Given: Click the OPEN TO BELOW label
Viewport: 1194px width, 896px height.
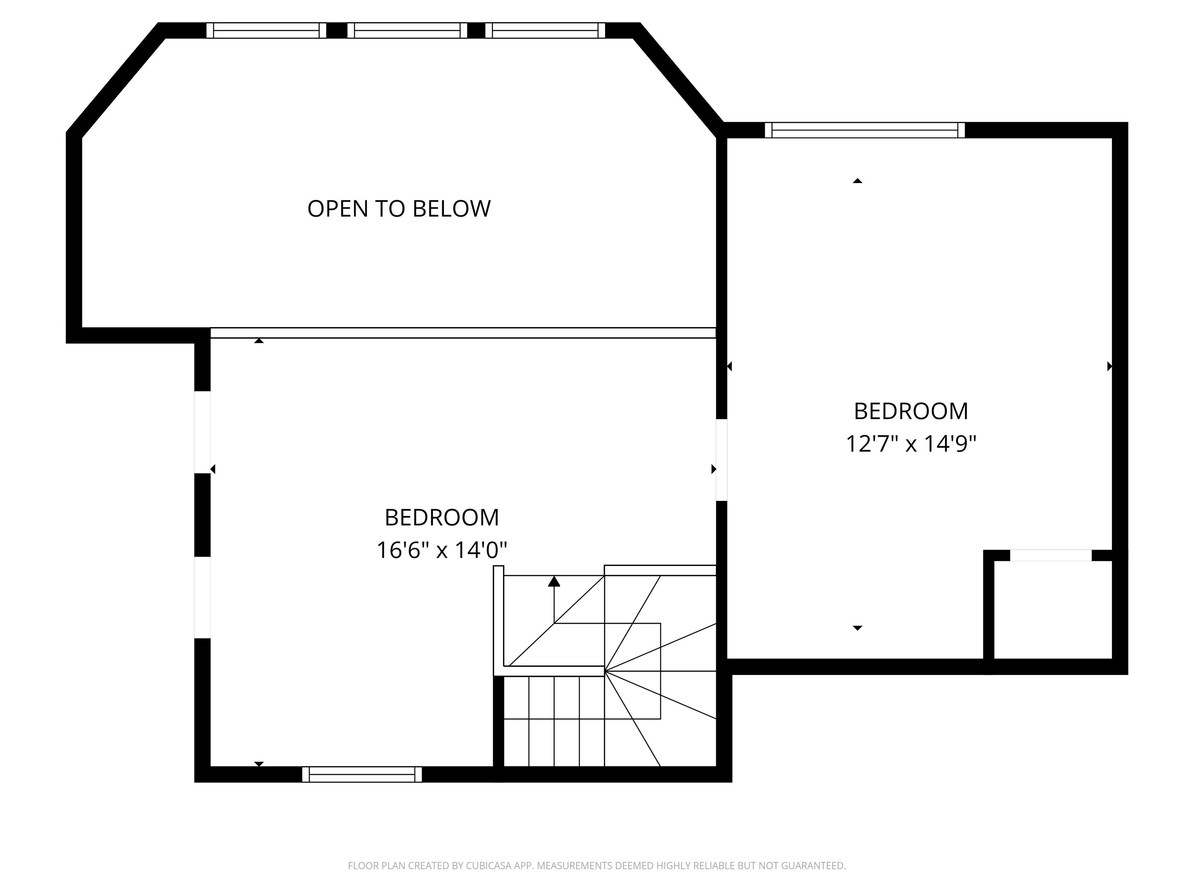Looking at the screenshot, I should tap(399, 209).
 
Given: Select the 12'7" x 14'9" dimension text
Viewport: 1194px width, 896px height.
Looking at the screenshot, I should tap(911, 444).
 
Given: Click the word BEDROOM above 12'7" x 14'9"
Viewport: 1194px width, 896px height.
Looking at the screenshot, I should tap(911, 411).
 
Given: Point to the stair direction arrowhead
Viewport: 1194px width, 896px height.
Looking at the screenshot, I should tap(554, 582).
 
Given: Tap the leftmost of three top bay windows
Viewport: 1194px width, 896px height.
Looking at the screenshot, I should tap(266, 30).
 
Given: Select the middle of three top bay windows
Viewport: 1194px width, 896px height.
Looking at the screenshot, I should tap(407, 30).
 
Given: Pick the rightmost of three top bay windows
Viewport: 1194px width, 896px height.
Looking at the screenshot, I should tap(545, 30).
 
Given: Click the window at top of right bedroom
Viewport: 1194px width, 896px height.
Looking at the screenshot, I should tap(865, 130).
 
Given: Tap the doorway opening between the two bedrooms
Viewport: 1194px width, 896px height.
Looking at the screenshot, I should tap(722, 460).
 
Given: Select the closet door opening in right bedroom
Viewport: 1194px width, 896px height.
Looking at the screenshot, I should tap(1051, 555).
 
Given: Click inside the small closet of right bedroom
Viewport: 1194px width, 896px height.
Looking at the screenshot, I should tap(1053, 610).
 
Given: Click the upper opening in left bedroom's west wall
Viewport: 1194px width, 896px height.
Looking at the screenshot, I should tap(202, 432).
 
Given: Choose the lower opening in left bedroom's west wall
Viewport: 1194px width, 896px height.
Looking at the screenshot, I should tap(202, 597).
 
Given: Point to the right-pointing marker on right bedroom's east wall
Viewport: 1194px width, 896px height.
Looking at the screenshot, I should tap(1109, 366).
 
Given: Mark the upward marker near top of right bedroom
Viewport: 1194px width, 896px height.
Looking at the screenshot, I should tap(857, 181).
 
